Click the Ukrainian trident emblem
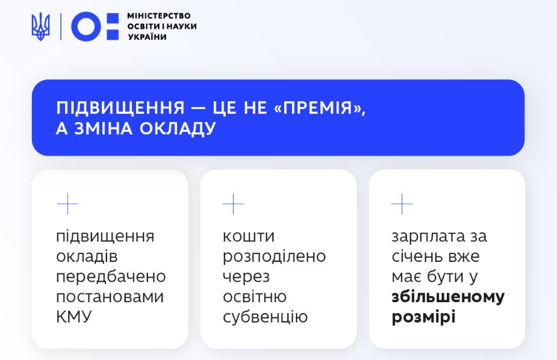pyautogui.click(x=40, y=26)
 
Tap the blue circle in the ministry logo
pyautogui.click(x=86, y=26)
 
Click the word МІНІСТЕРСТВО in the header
pyautogui.click(x=159, y=16)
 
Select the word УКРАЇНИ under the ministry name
pyautogui.click(x=147, y=37)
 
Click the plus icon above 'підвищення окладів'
pyautogui.click(x=67, y=204)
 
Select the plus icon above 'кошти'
pyautogui.click(x=233, y=204)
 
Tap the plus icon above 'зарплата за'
pyautogui.click(x=402, y=204)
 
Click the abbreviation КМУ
pyautogui.click(x=74, y=317)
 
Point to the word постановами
pyautogui.click(x=110, y=297)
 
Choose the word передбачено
pyautogui.click(x=111, y=277)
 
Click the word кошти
pyautogui.click(x=248, y=236)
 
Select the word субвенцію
pyautogui.click(x=265, y=317)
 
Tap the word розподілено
pyautogui.click(x=274, y=256)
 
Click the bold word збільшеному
pyautogui.click(x=448, y=297)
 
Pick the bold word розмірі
pyautogui.click(x=423, y=317)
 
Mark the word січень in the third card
pyautogui.click(x=417, y=256)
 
